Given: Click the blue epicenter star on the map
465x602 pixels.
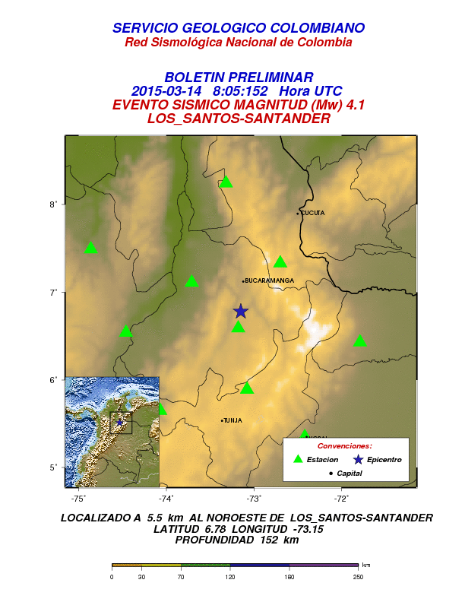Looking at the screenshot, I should click(x=240, y=311).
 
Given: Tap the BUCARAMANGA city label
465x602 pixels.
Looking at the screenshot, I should click(x=270, y=280).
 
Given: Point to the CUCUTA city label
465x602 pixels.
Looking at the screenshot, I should click(x=312, y=213).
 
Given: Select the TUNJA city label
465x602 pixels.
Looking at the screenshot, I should click(x=232, y=420).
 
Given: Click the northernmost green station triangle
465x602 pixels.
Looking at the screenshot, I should click(x=226, y=182).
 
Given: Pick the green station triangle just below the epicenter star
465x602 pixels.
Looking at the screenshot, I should click(x=238, y=327).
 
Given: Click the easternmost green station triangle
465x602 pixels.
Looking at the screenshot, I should click(x=360, y=341).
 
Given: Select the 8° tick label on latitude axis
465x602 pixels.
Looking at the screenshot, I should click(x=54, y=204).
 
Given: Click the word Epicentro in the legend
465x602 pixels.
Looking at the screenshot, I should click(x=383, y=460).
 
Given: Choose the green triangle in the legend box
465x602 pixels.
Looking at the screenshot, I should click(x=299, y=459).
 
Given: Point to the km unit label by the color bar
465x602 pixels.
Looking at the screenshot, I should click(x=366, y=565).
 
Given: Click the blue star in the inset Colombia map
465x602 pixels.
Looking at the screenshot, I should click(x=119, y=422).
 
